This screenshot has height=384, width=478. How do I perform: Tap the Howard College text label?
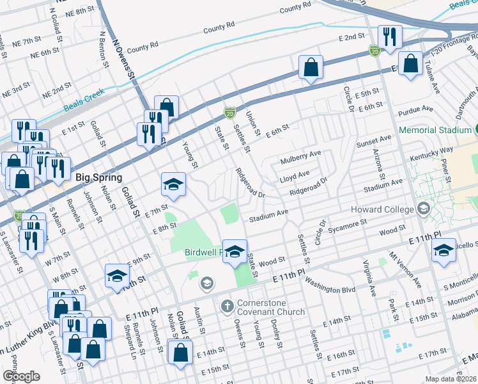point(382,210)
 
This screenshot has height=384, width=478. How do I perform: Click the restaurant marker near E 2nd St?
point(389,37)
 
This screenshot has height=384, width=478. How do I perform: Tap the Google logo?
point(21,376)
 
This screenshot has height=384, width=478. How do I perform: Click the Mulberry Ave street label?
point(300,154)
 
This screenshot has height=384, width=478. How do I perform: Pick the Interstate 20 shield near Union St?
point(229,113)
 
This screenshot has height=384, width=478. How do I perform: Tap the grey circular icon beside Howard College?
point(422,209)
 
